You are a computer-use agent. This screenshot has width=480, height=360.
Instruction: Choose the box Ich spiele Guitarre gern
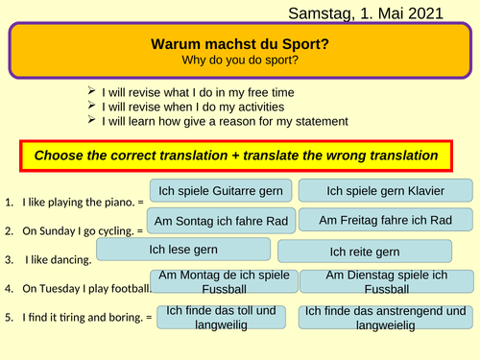(220, 190)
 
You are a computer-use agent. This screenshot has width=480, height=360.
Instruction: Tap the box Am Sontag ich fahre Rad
(222, 221)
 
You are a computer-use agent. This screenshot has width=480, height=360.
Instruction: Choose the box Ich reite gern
(364, 252)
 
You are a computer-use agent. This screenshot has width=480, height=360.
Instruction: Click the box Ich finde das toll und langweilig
(221, 318)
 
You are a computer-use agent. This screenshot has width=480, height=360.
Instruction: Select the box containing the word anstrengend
(382, 319)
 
